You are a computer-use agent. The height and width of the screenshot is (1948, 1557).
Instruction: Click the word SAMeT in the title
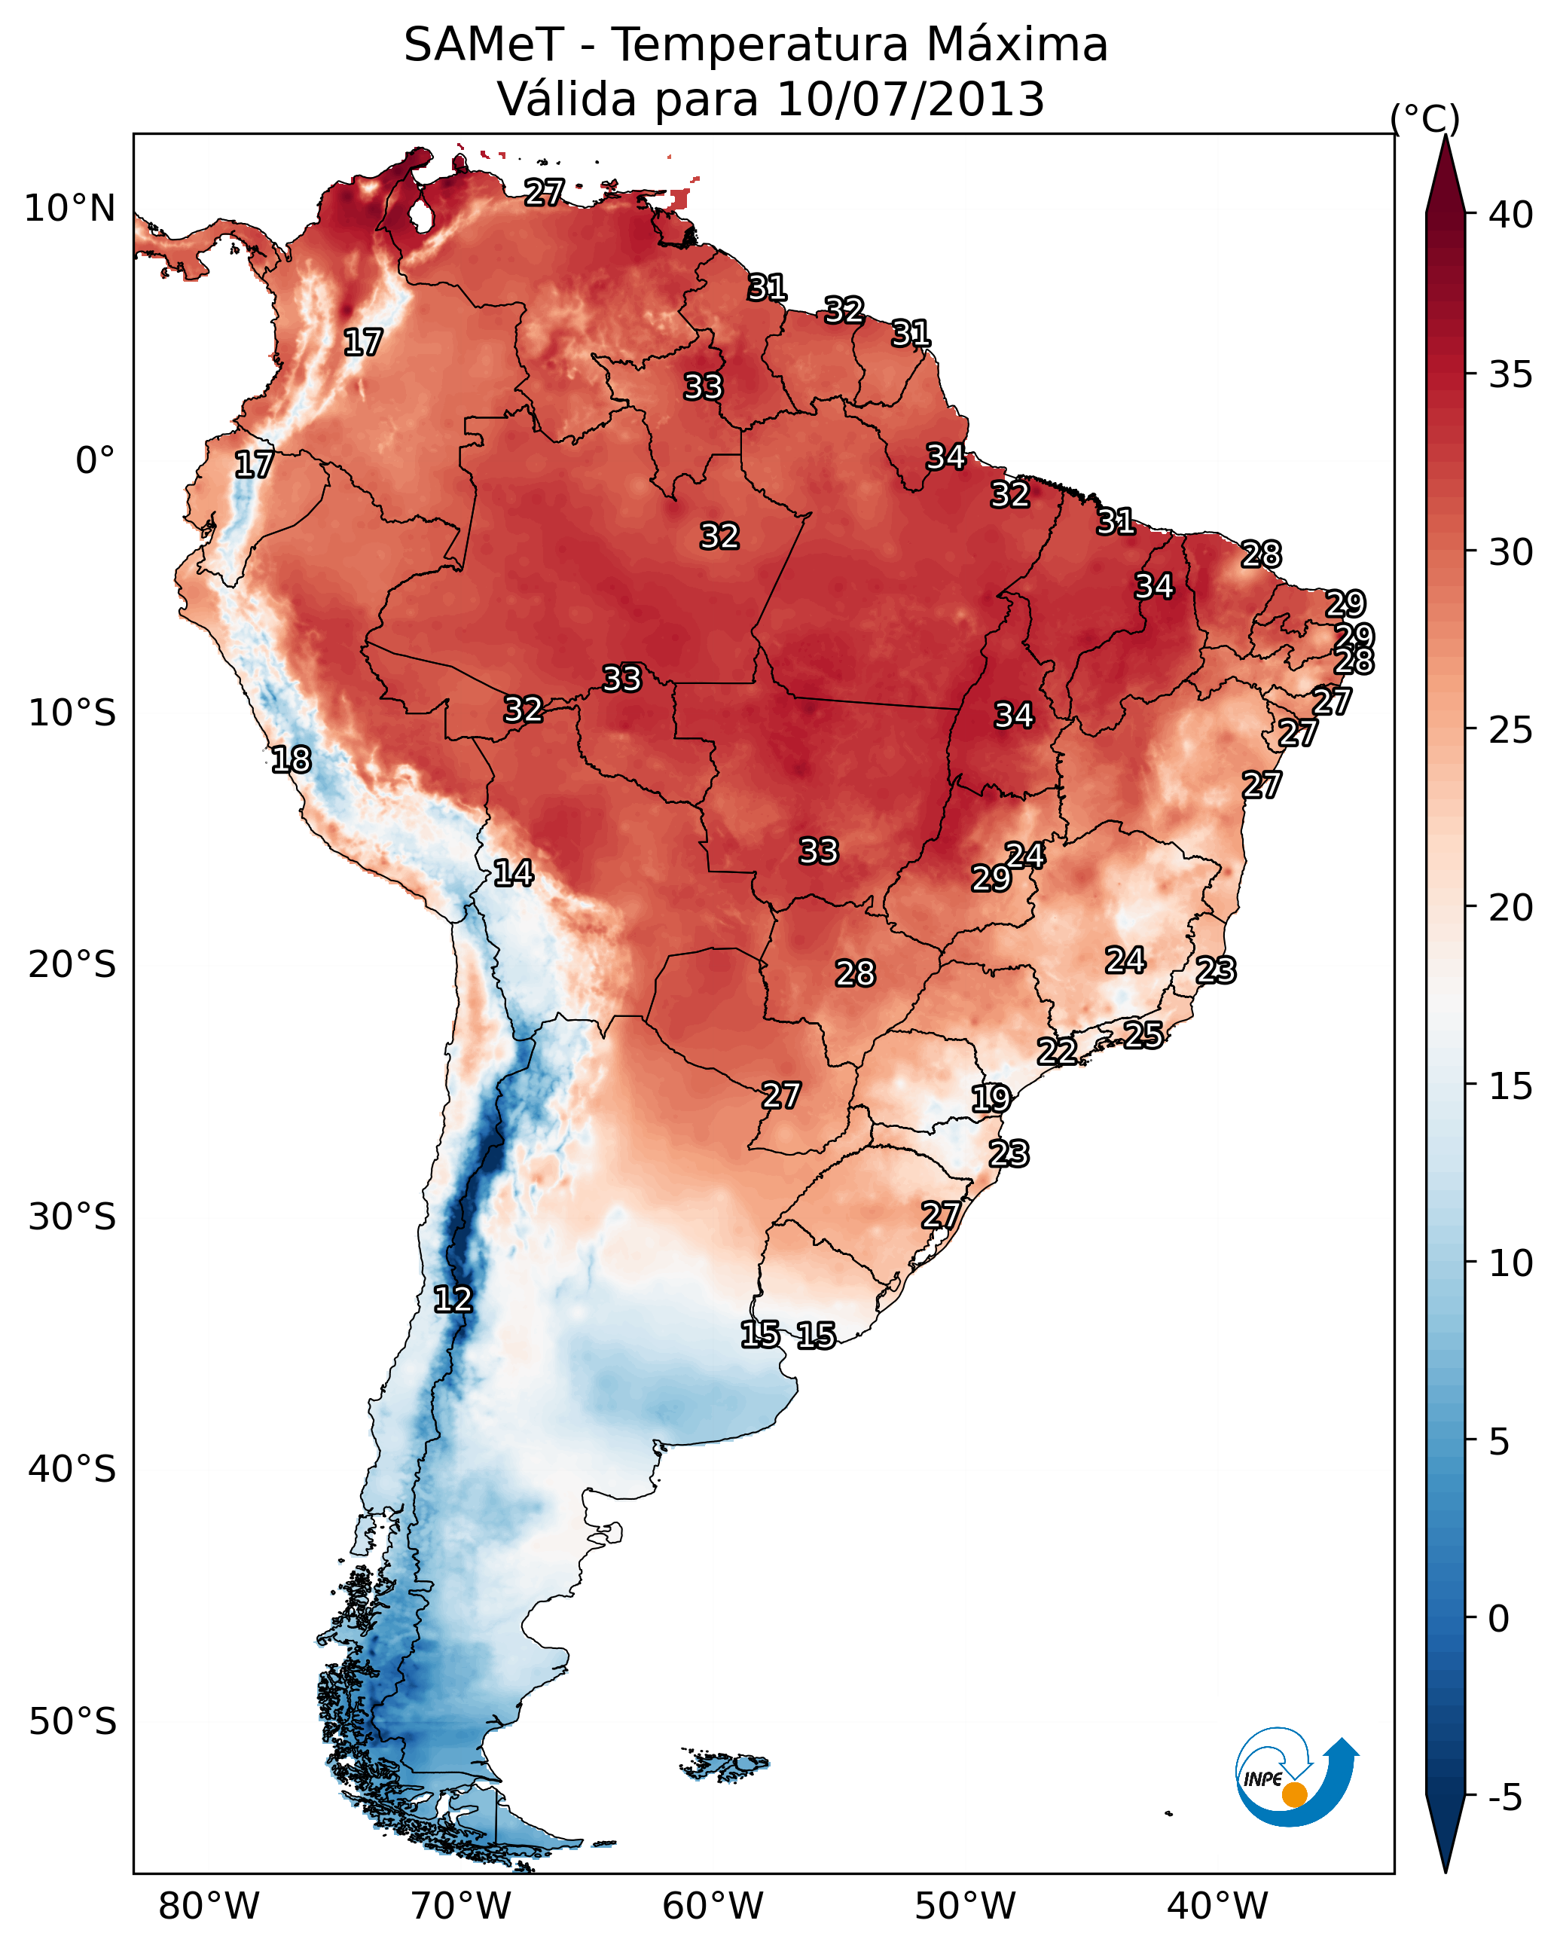click(484, 45)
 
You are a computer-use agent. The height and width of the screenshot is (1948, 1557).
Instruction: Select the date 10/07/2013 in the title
click(910, 99)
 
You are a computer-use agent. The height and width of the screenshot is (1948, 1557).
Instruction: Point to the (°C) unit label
click(1425, 118)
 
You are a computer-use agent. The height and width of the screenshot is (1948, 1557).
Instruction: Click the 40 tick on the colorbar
click(1511, 215)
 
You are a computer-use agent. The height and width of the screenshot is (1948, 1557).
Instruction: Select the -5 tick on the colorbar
click(1506, 1798)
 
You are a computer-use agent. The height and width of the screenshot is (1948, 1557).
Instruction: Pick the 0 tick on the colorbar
click(1498, 1619)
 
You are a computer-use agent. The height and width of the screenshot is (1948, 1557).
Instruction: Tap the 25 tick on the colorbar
click(1511, 730)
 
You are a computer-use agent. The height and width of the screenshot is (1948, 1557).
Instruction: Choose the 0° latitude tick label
click(95, 461)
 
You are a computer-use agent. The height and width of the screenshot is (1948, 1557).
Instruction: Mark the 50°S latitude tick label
click(72, 1721)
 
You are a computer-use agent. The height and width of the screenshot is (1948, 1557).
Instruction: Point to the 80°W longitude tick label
click(209, 1906)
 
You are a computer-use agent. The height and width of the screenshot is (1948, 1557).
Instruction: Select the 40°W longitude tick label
click(1217, 1906)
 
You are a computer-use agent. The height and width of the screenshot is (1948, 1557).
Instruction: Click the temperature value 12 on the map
click(453, 1299)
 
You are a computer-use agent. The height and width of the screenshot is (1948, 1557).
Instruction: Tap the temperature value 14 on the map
click(513, 873)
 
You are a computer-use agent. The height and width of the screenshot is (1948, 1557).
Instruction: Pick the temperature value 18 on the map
click(291, 760)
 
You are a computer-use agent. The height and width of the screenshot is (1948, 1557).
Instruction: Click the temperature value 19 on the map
click(991, 1099)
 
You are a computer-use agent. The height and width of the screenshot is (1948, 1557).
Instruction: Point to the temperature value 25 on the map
click(1143, 1034)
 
